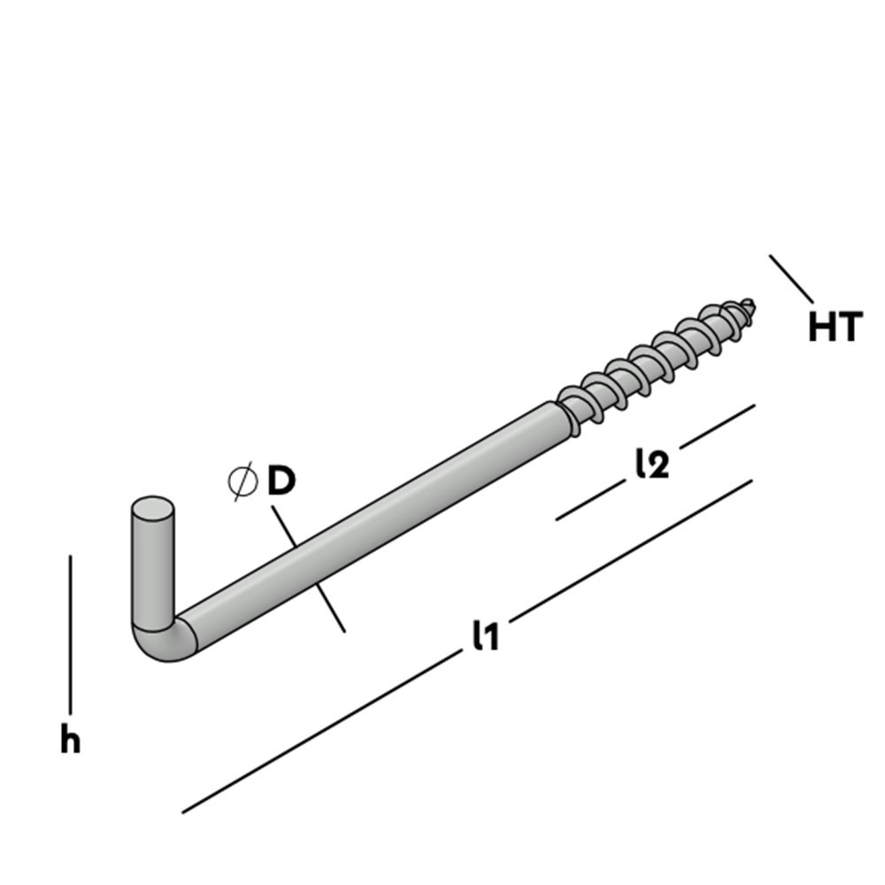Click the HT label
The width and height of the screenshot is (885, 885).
834,327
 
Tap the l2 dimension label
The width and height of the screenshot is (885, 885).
651,464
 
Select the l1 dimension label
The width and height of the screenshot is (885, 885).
486,635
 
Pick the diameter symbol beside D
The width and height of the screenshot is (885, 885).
242,481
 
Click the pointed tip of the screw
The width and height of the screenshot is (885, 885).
752,304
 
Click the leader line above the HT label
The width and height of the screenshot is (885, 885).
791,279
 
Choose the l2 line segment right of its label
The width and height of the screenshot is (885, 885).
717,426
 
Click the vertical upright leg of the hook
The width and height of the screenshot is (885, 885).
153,566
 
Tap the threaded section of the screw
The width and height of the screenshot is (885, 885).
655,358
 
